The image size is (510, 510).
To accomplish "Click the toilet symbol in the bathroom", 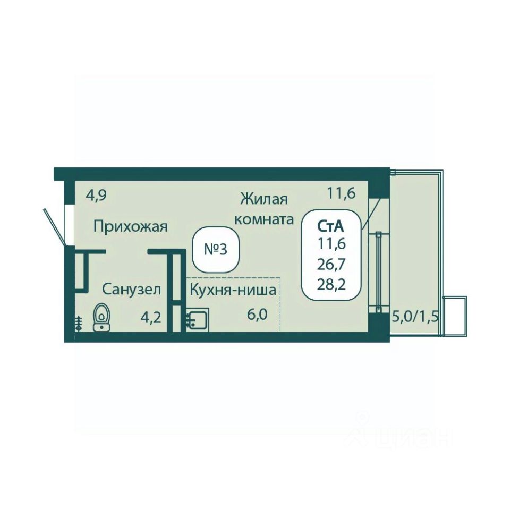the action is pos(102,318).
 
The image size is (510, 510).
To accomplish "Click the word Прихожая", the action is pos(131,226).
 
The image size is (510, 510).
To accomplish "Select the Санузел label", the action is pos(132,289).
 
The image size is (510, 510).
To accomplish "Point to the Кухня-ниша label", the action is pos(233,290).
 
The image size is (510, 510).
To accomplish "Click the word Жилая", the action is pos(264,199).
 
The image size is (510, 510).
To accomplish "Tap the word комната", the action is pos(264,219).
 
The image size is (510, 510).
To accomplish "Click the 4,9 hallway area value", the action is pos(96,196).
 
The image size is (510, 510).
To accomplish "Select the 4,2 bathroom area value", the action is pos(150,317).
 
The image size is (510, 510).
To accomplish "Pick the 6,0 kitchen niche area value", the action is pos(257,314).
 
